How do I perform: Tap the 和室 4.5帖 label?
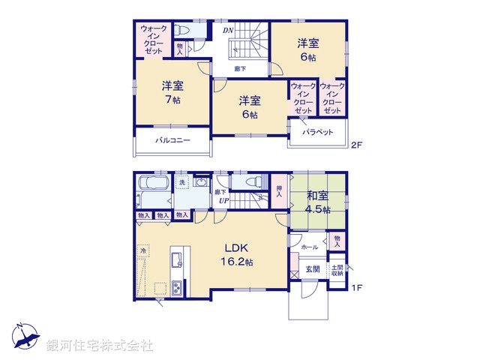coord(317,202)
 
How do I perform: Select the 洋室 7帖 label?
coord(172,91)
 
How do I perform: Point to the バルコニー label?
coord(172,140)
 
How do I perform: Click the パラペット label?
coord(317,132)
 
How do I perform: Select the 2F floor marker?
coord(357,145)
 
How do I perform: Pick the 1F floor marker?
coord(357,287)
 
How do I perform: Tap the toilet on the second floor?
coord(183,31)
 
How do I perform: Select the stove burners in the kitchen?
coord(176,288)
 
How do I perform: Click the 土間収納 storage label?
coord(337,270)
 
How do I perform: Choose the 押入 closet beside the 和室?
coord(279,191)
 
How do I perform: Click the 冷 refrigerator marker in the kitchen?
coord(142,250)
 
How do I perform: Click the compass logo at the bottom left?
coord(25,336)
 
